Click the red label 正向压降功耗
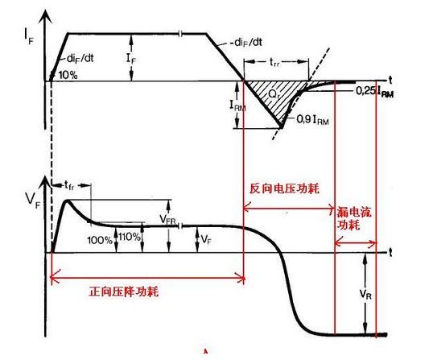tap(123, 292)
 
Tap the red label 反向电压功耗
tap(285, 188)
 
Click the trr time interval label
tap(274, 63)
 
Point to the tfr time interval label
tap(69, 184)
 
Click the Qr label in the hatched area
tap(274, 95)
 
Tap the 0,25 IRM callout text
tap(375, 91)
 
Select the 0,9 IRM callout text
tap(312, 120)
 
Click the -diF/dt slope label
tap(245, 42)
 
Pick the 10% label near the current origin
tap(68, 75)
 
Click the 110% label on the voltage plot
tap(130, 237)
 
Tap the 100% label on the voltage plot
tap(100, 240)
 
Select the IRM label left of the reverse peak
tap(237, 106)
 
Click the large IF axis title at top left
tap(29, 36)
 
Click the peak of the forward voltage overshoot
tap(67, 200)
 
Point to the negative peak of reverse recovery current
tap(281, 127)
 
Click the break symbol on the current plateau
tap(180, 34)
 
